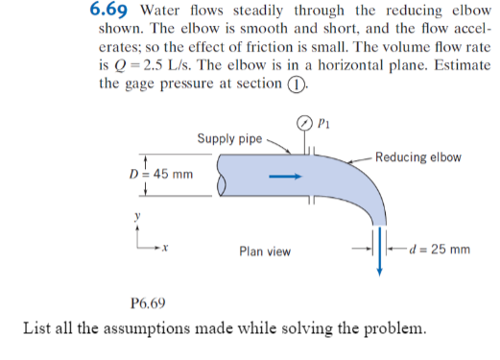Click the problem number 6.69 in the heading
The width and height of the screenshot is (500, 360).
[x=111, y=11]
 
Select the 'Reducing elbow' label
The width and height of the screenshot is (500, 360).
[x=418, y=157]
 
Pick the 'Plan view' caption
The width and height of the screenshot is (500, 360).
[x=265, y=252]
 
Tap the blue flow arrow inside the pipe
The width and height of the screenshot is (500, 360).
[x=286, y=177]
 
